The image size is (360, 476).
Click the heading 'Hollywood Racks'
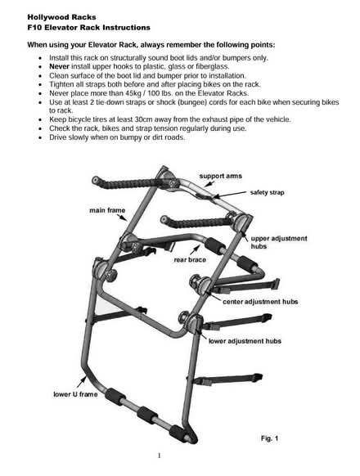tap(56, 16)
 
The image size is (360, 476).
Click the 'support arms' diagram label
tap(221, 176)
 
